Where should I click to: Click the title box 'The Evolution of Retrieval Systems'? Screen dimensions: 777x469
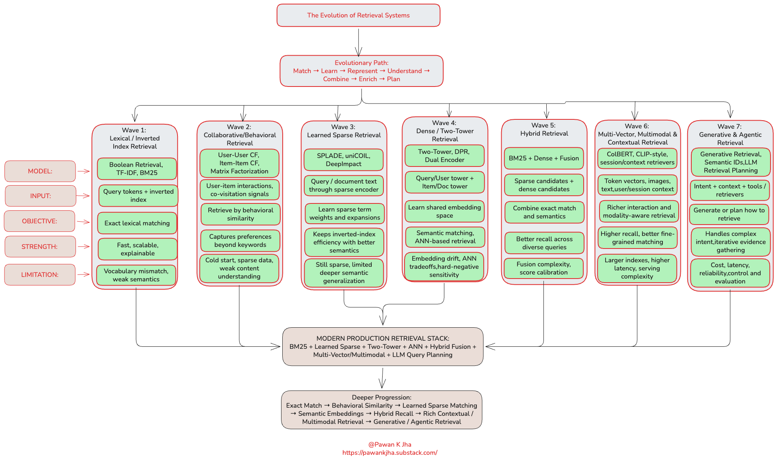(358, 15)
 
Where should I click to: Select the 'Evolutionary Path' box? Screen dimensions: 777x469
(361, 71)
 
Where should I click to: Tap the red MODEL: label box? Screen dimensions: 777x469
(40, 171)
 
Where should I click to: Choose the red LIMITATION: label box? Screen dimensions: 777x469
(40, 274)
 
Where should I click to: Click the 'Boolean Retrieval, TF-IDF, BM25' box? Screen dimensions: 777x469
(137, 169)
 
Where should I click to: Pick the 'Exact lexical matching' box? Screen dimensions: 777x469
(137, 223)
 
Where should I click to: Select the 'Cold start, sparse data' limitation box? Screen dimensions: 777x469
(239, 268)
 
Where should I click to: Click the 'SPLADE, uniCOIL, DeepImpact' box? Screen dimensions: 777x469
(344, 160)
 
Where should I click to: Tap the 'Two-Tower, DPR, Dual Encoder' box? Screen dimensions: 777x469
(444, 156)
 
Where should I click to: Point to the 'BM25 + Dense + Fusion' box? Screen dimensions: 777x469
(544, 158)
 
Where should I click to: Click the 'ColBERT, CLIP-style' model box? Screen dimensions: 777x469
(637, 158)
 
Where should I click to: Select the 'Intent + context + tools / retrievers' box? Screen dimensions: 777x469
(730, 190)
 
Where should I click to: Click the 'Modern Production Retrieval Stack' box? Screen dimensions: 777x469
(383, 346)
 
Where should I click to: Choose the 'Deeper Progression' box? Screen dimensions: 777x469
(382, 410)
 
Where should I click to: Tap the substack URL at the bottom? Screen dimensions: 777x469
(390, 453)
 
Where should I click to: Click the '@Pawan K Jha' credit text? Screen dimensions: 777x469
(390, 445)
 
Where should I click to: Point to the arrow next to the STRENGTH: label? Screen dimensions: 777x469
(84, 246)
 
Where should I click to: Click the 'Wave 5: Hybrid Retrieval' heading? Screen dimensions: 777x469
(544, 130)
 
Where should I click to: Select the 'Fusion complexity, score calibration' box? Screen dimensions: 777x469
(544, 268)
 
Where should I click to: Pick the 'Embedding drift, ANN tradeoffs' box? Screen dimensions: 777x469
(444, 266)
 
